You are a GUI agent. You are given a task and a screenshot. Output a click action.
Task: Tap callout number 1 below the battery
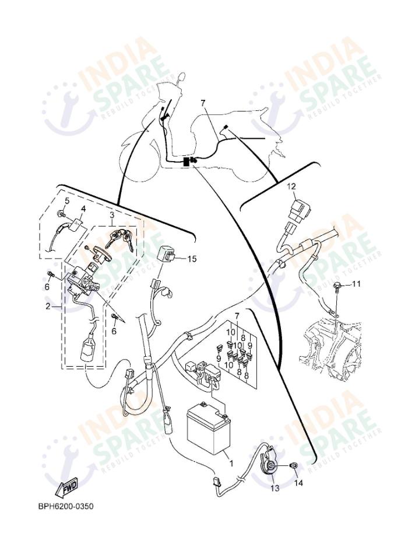[231, 464]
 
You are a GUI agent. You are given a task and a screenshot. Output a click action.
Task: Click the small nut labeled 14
[294, 465]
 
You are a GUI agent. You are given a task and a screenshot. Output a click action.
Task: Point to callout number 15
[193, 259]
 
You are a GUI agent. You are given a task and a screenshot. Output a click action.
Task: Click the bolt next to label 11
[337, 286]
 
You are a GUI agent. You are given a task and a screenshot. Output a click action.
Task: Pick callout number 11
[357, 284]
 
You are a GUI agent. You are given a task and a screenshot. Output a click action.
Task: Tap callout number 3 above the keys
[111, 214]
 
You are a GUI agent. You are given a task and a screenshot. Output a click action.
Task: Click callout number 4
[83, 208]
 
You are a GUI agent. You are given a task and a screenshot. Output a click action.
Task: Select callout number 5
[66, 201]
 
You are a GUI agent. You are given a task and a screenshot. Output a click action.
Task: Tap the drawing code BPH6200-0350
[65, 506]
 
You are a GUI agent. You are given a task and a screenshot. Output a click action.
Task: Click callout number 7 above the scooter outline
[203, 103]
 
